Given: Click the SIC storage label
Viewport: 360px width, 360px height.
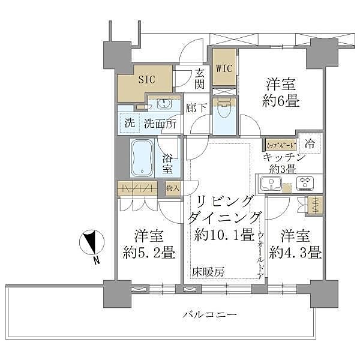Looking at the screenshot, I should pyautogui.click(x=146, y=79).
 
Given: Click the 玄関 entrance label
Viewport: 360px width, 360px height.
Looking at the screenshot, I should pyautogui.click(x=199, y=79).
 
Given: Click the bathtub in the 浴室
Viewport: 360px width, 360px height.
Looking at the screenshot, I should pyautogui.click(x=142, y=158).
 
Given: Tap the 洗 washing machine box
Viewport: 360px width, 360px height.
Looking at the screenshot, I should pyautogui.click(x=130, y=124).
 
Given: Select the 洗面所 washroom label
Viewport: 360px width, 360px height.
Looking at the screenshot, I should pyautogui.click(x=160, y=124).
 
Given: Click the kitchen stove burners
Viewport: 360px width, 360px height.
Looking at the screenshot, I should pyautogui.click(x=305, y=182).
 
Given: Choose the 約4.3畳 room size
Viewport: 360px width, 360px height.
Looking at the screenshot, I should pyautogui.click(x=295, y=252).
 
